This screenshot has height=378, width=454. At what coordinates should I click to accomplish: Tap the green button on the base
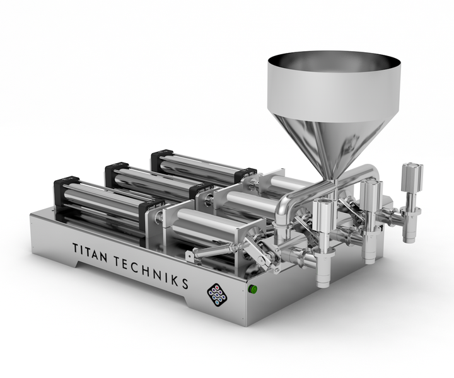pos(252,289)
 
